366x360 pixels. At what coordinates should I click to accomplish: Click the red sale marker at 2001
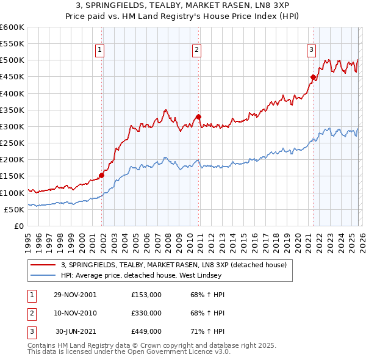[102, 175]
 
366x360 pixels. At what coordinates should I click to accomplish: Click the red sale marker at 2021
[313, 77]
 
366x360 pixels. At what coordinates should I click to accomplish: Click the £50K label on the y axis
[14, 209]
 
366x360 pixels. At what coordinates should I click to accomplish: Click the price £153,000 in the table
[146, 294]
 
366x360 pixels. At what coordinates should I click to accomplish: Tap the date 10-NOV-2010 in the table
[74, 313]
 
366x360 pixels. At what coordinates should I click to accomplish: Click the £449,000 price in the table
[146, 331]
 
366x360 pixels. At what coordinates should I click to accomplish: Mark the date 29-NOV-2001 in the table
[74, 294]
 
